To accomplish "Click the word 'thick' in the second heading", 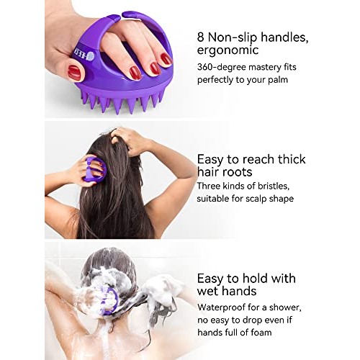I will point(289,159).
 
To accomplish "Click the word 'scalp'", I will point(260,199).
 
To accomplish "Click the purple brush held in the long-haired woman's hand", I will point(94,170).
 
